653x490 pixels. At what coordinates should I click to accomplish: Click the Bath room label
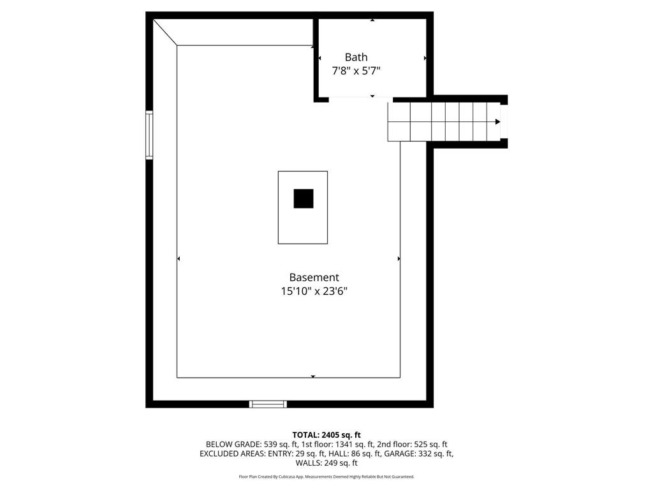(x=356, y=57)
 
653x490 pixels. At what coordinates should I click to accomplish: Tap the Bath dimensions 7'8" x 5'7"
(x=356, y=71)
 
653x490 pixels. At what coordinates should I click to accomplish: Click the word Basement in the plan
(x=314, y=278)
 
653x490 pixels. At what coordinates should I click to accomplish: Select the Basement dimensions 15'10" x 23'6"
(x=314, y=292)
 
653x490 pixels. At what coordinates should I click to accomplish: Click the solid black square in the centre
(x=304, y=198)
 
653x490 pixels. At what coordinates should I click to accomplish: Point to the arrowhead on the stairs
(x=497, y=121)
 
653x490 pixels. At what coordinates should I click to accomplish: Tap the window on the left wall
(x=149, y=134)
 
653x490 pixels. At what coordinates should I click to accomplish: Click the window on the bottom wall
(x=268, y=404)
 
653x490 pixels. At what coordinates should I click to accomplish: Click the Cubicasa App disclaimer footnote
(x=326, y=477)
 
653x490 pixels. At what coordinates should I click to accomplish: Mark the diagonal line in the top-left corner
(x=165, y=32)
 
